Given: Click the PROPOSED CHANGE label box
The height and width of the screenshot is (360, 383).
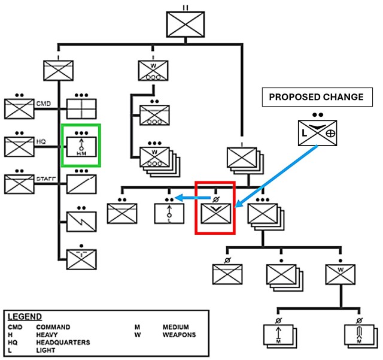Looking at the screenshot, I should (x=316, y=97).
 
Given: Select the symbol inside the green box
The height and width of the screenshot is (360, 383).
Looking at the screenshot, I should (x=81, y=145).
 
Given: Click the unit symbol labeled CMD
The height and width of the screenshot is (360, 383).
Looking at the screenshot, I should (x=19, y=108).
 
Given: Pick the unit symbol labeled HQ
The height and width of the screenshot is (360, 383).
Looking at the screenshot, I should (x=19, y=146).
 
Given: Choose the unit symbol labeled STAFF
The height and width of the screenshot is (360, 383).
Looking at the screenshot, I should (x=19, y=183).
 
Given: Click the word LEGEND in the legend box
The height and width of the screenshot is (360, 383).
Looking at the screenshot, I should (x=25, y=316).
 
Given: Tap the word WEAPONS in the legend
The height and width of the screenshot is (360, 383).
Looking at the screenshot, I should (x=179, y=335).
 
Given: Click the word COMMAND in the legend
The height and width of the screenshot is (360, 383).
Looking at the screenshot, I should (x=53, y=327).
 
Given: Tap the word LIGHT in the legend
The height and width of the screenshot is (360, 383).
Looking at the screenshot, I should (x=46, y=350).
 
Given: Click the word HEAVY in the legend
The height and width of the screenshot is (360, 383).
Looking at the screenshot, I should (x=47, y=335).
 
